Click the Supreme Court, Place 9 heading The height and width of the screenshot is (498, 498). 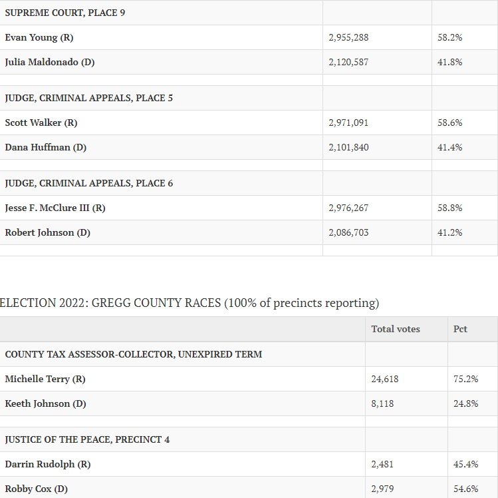(65, 13)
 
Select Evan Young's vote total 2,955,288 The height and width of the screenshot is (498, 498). (348, 37)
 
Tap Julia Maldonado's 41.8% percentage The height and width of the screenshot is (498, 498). (449, 62)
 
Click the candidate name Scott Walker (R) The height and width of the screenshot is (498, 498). (41, 123)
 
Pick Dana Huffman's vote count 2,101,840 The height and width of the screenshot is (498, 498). (348, 148)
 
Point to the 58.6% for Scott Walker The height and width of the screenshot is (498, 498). (449, 123)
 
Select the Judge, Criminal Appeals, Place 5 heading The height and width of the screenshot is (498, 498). (89, 98)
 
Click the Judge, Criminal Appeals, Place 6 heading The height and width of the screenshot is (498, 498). (89, 183)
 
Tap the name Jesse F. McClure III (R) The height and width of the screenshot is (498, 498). (55, 208)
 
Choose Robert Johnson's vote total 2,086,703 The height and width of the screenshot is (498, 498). (348, 233)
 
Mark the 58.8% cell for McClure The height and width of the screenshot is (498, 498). (449, 208)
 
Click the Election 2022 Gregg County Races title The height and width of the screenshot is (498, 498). (189, 303)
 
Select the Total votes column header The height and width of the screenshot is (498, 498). (396, 329)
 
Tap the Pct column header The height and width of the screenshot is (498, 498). (460, 329)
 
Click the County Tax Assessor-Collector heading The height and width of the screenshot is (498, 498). (134, 354)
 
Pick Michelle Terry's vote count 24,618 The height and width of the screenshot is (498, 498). (384, 379)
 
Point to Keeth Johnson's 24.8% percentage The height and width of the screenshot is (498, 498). (465, 403)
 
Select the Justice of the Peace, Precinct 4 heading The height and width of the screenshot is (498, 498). (87, 439)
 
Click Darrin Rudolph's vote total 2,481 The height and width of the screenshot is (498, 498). (382, 464)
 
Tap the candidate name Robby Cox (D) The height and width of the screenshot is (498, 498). (37, 489)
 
